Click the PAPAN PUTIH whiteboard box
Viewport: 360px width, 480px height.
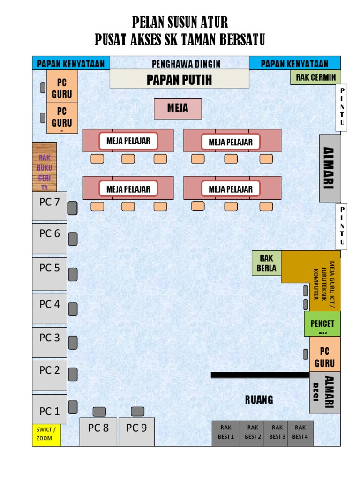179,79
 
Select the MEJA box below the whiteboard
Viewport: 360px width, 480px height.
178,108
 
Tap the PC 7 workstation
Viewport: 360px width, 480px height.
49,206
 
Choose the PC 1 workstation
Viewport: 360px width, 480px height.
49,412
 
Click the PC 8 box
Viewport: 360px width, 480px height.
98,431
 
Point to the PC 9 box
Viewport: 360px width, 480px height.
136,431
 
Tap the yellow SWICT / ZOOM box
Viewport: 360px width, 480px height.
46,435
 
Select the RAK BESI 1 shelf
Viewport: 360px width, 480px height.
226,433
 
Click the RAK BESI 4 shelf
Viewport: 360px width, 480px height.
300,433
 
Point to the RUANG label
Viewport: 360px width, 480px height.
259,400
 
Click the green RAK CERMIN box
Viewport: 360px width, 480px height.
315,77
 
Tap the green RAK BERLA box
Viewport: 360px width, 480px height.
267,263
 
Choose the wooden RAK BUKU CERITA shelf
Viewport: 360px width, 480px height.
45,167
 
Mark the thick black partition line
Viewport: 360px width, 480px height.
260,375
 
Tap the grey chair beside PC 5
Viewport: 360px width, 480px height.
73,274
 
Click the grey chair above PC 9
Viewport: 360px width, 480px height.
137,412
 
